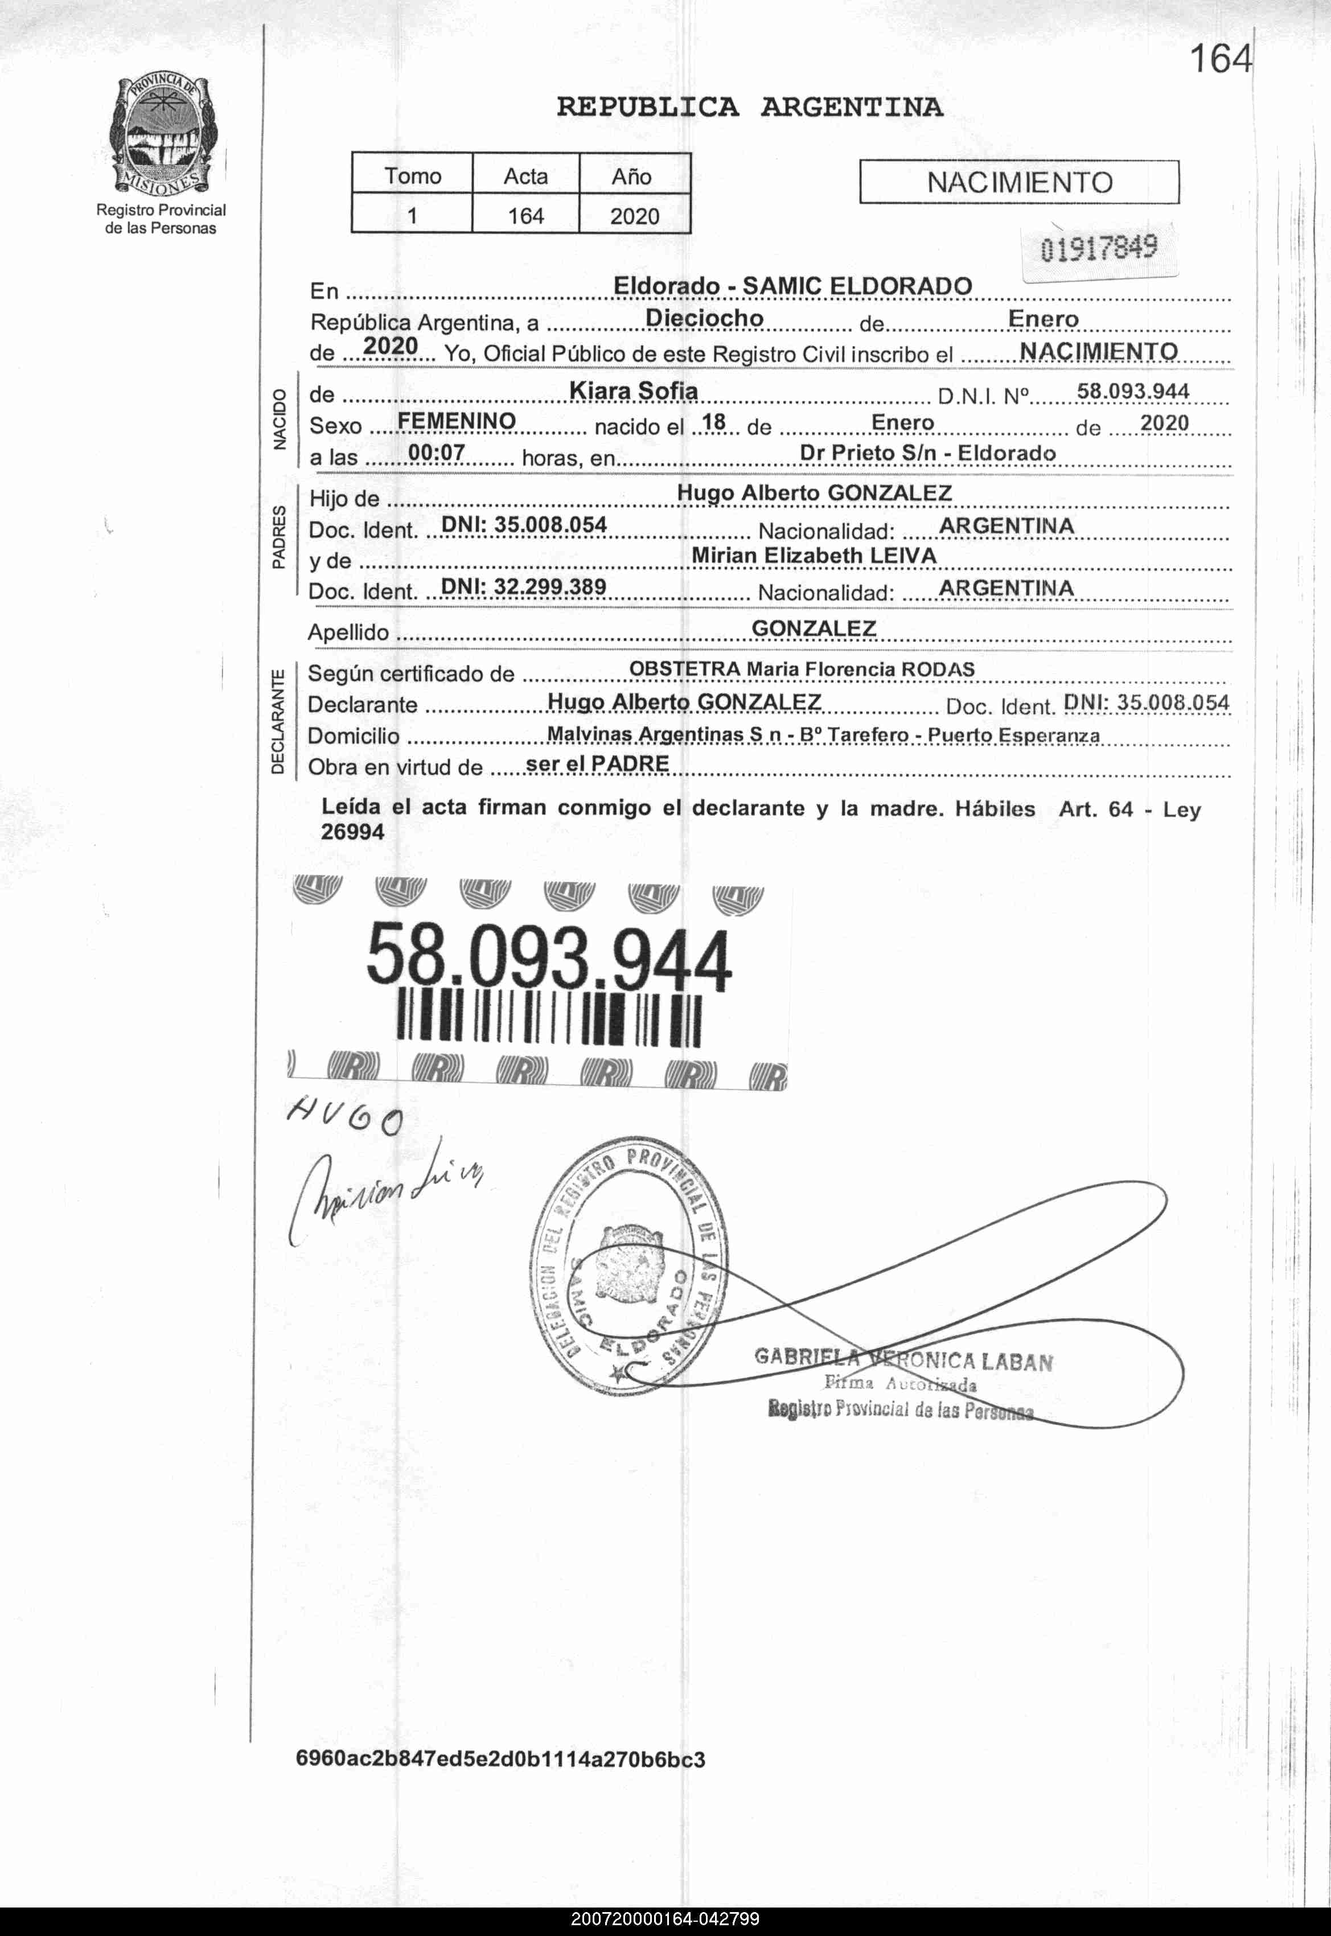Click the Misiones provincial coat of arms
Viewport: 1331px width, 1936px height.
pyautogui.click(x=160, y=136)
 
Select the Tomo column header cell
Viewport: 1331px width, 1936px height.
pyautogui.click(x=412, y=176)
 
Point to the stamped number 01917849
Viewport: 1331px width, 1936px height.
pyautogui.click(x=1098, y=248)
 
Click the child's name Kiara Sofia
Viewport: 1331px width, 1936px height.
pyautogui.click(x=633, y=391)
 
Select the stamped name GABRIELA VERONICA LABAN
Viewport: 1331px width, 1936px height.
pyautogui.click(x=903, y=1360)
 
